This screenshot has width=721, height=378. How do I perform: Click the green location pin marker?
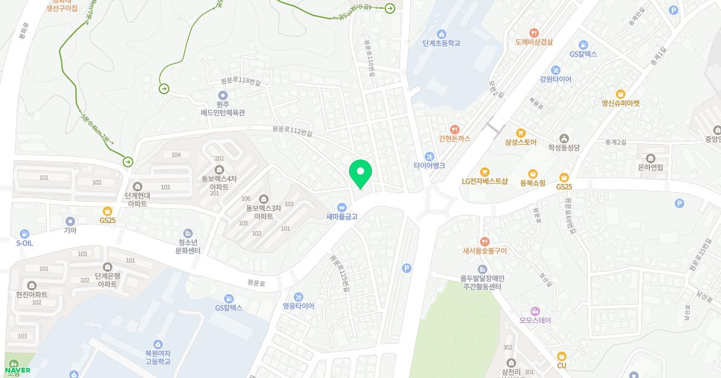(x=360, y=173)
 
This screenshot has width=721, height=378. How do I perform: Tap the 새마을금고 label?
(x=342, y=217)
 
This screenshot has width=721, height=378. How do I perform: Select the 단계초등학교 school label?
(x=441, y=43)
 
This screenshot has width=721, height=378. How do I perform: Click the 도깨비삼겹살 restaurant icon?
(x=534, y=32)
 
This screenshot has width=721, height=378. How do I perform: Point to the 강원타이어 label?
(x=555, y=79)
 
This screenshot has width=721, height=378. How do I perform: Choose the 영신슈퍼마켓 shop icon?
(x=621, y=94)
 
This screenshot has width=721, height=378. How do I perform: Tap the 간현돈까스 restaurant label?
(x=454, y=139)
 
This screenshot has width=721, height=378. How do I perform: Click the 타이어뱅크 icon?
(x=429, y=156)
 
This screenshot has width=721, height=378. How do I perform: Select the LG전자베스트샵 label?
(x=484, y=181)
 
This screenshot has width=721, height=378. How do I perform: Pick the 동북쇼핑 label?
(x=532, y=182)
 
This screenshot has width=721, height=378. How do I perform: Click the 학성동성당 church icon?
(x=564, y=138)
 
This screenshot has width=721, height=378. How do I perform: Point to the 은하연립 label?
(x=651, y=167)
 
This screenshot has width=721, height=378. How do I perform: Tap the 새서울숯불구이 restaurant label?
(x=484, y=251)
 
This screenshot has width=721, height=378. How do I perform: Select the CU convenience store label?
(x=562, y=365)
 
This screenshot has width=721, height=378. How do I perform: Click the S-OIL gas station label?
(x=24, y=244)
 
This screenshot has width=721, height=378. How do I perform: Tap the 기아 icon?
(x=70, y=221)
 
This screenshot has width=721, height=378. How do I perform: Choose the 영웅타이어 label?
(x=298, y=306)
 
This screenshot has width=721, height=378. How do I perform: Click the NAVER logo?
(x=17, y=370)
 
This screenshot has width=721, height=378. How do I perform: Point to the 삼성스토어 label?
(x=520, y=142)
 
